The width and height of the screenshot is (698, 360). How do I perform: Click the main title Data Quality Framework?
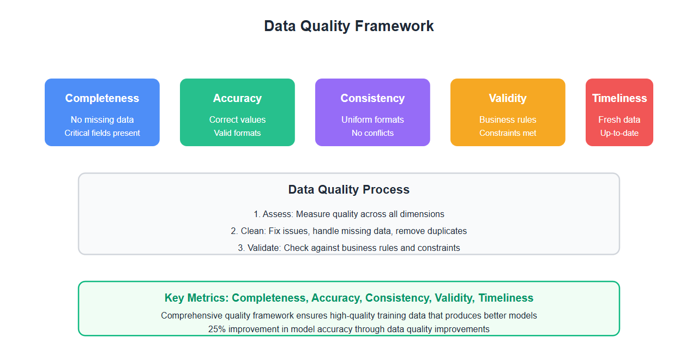click(348, 26)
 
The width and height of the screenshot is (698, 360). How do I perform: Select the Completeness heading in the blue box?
click(102, 98)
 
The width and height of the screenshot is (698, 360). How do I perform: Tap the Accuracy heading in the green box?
click(237, 98)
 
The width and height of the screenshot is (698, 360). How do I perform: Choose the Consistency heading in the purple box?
click(372, 98)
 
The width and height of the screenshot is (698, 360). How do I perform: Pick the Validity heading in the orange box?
click(508, 98)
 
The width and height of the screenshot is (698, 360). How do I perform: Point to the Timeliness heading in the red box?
click(619, 98)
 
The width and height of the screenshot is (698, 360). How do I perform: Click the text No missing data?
click(102, 119)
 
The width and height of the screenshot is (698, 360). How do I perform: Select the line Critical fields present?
click(102, 133)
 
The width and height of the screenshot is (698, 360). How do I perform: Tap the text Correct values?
click(237, 119)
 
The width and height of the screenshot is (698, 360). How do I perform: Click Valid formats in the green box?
click(237, 133)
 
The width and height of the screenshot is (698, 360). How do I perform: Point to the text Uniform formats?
click(372, 119)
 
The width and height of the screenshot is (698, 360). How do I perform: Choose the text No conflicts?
click(372, 133)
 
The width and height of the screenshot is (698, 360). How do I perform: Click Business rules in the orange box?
click(508, 119)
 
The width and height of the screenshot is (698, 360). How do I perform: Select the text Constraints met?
click(508, 133)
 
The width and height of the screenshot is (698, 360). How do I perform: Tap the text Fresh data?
click(619, 119)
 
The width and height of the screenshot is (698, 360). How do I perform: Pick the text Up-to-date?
click(619, 133)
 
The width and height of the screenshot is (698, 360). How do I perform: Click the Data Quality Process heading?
click(348, 189)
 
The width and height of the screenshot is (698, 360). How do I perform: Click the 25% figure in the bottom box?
click(217, 329)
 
